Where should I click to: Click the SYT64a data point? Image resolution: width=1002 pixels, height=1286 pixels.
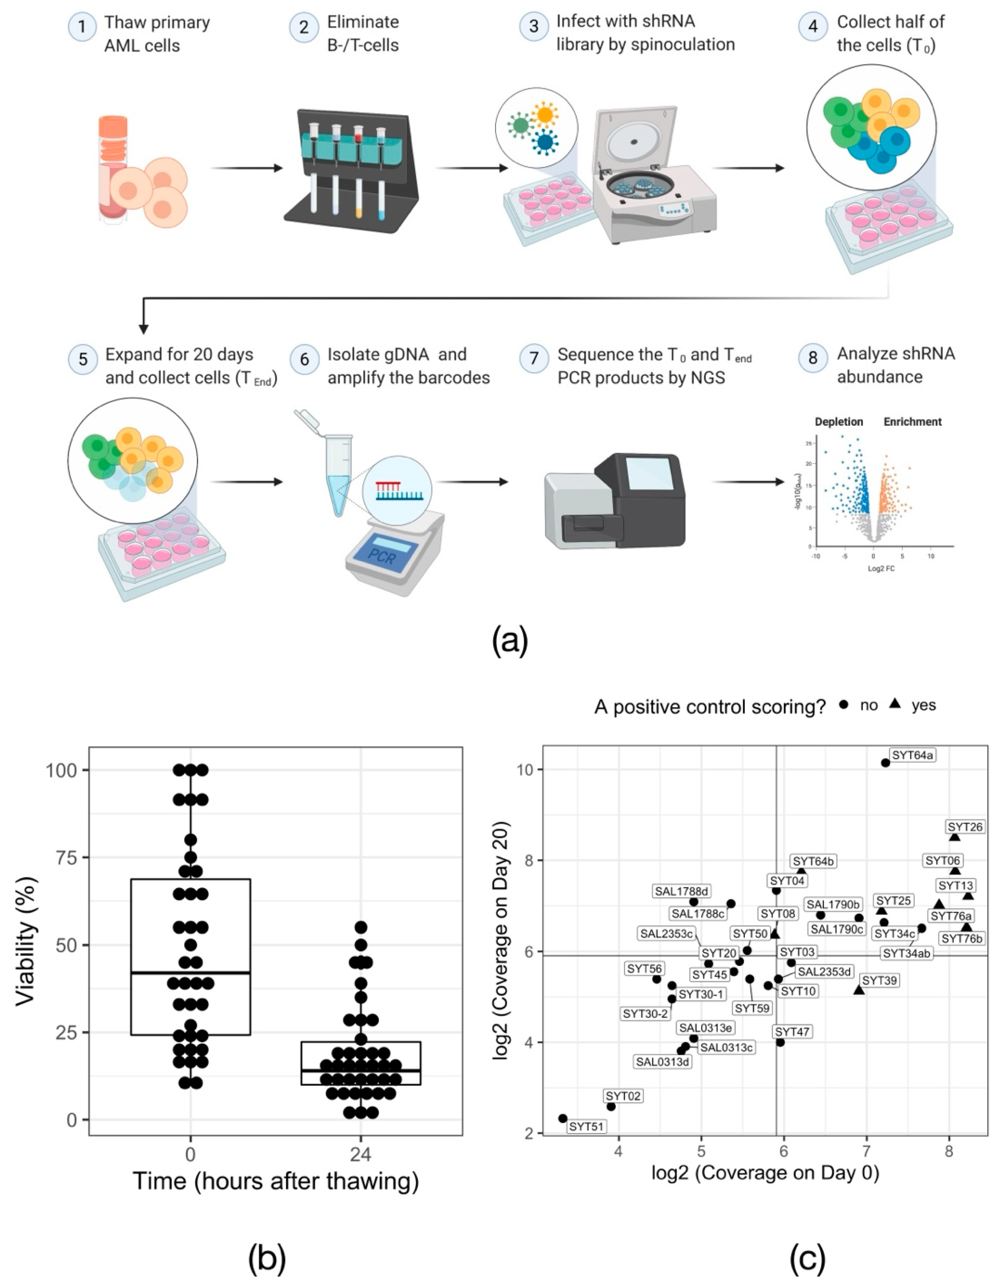pyautogui.click(x=885, y=763)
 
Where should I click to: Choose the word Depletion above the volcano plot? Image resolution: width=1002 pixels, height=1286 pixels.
pyautogui.click(x=838, y=421)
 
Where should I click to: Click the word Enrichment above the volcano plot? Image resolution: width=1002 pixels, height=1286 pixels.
pyautogui.click(x=912, y=421)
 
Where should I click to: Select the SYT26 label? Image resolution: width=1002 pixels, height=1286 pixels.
pyautogui.click(x=965, y=827)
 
